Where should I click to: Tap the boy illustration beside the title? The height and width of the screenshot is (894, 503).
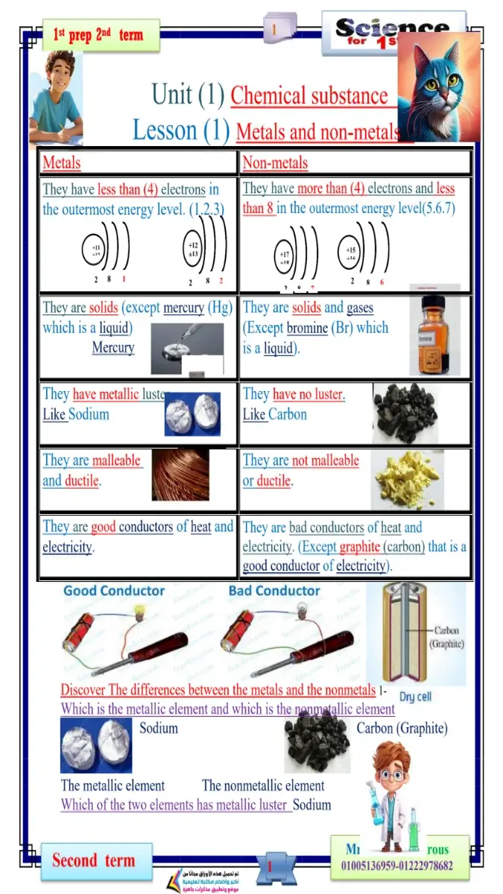click(55, 97)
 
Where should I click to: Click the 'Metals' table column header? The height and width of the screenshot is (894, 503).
click(62, 163)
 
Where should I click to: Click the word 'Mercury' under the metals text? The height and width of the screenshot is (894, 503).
click(113, 348)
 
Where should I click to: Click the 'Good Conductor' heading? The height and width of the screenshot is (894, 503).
click(114, 591)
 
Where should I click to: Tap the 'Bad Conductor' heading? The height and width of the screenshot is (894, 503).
click(274, 591)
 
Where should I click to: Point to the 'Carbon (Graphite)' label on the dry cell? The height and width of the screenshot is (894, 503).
click(447, 637)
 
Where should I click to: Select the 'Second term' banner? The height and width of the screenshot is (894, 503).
click(93, 861)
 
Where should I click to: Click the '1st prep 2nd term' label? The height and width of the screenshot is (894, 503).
click(97, 35)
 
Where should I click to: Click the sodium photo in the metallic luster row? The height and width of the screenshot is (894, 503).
click(192, 415)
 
